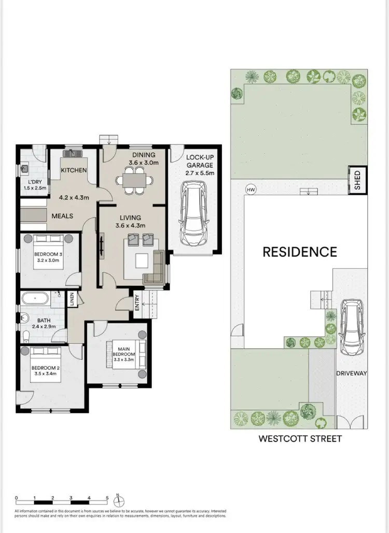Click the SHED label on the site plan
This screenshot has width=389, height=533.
click(357, 180)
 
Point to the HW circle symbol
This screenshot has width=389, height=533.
click(251, 190)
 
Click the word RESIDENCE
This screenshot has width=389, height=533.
click(300, 252)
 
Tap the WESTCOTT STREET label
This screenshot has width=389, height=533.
click(300, 439)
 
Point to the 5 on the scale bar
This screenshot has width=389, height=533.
click(107, 497)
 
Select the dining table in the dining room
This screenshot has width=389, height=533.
click(134, 181)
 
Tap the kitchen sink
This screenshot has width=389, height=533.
click(71, 154)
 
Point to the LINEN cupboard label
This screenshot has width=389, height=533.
click(73, 299)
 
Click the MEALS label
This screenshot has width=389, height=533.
click(62, 216)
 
